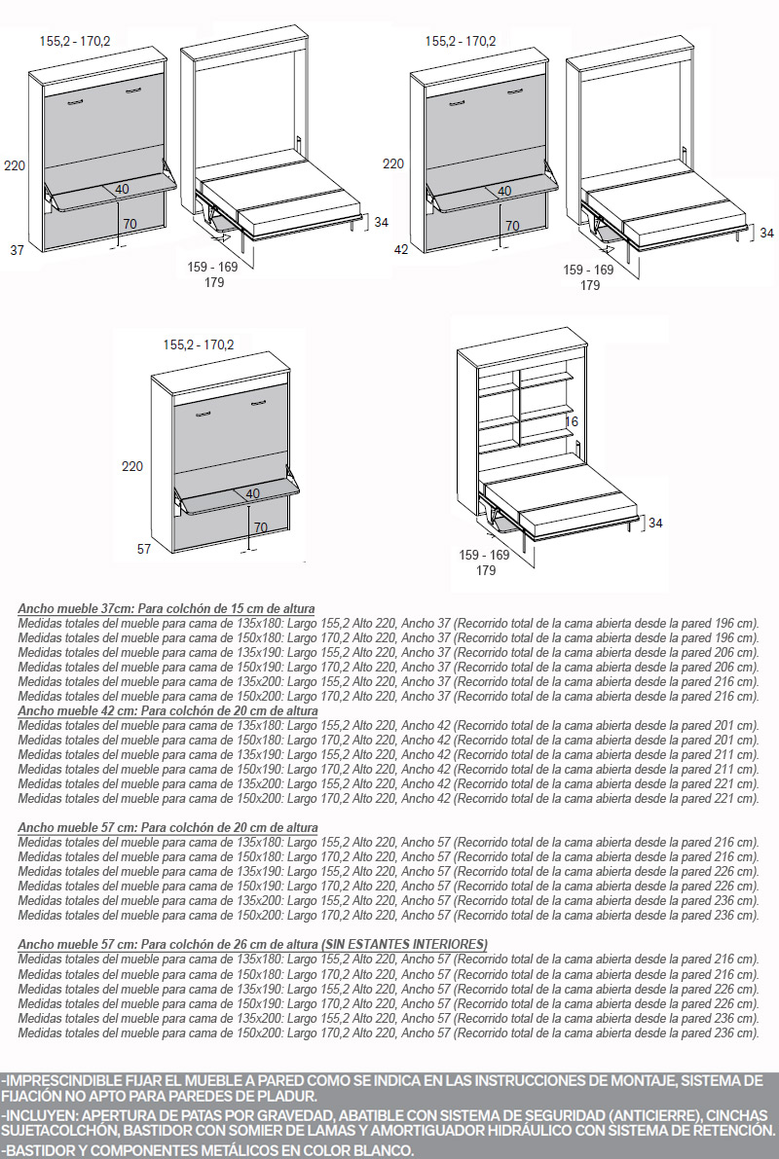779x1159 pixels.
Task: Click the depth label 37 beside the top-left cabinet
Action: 17,250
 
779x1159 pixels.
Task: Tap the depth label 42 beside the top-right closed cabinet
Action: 401,250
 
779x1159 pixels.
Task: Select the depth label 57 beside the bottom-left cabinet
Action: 144,549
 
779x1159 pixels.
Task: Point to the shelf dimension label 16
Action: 572,422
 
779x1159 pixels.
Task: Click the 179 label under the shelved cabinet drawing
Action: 486,570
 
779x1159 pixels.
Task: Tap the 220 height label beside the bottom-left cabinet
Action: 132,466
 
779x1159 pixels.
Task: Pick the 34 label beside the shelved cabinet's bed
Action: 655,524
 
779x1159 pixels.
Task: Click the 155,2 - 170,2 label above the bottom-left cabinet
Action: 199,344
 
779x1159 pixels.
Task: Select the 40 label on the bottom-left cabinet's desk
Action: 253,493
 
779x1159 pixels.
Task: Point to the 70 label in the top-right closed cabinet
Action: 512,226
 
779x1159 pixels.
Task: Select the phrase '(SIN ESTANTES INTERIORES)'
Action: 405,944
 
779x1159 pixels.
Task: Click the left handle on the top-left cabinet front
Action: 75,102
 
